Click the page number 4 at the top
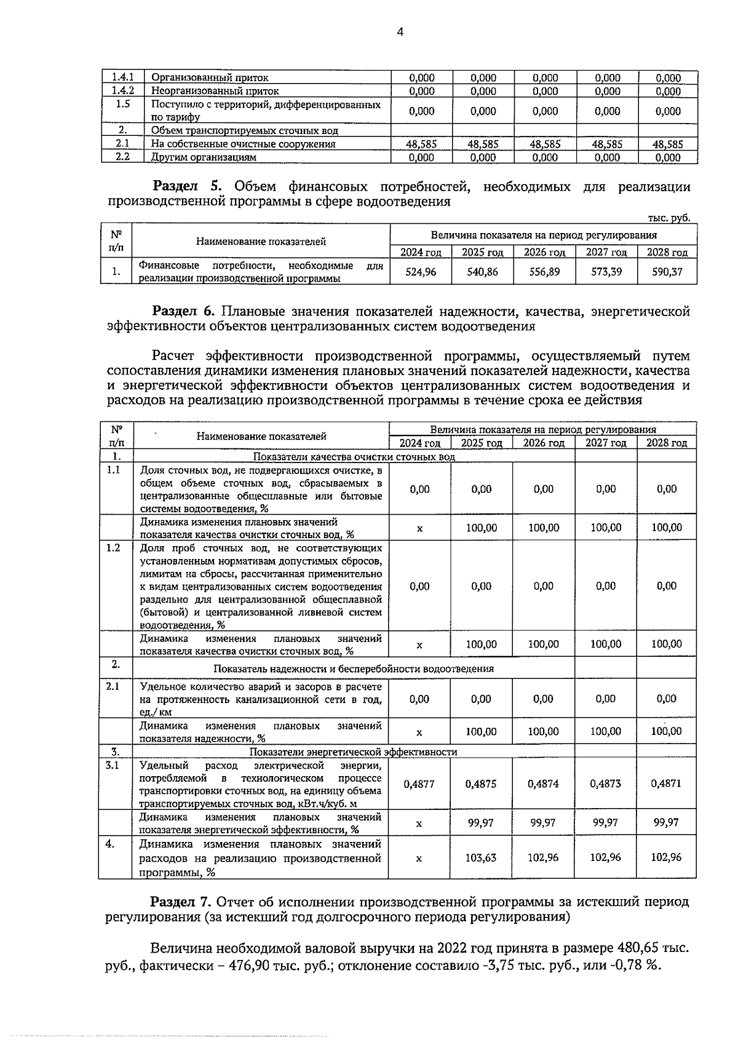coord(400,33)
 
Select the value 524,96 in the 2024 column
coord(421,271)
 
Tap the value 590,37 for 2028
coord(667,271)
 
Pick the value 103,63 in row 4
coord(481,857)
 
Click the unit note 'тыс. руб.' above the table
coord(669,218)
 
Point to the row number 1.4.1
coord(122,77)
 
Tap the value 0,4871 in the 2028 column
coord(667,783)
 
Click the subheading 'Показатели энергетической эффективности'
coord(354,752)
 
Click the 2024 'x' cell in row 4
coord(419,857)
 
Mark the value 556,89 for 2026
coord(544,271)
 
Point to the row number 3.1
coord(113,765)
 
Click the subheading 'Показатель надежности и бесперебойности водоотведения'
coord(354,668)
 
